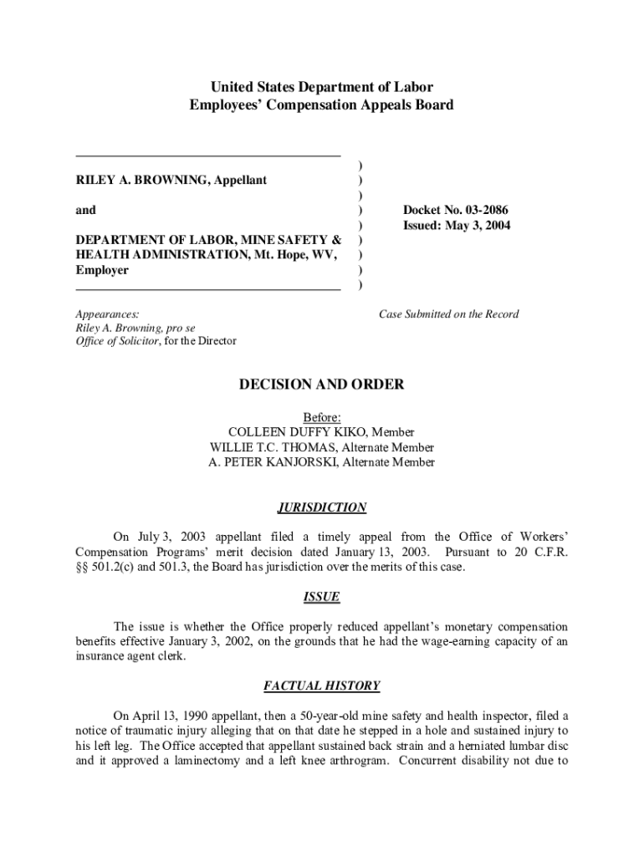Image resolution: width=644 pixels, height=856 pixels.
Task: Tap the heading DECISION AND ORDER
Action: click(322, 385)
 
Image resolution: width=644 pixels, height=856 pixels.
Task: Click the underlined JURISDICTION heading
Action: click(322, 507)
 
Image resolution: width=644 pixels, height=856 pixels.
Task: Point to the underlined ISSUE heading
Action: click(322, 597)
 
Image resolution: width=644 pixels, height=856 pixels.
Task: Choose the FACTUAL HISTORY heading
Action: click(322, 686)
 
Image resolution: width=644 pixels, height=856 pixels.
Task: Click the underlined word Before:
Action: click(322, 417)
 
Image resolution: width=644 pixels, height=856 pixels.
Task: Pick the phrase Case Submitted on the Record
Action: click(448, 314)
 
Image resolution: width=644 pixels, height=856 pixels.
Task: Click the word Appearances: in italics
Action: click(108, 314)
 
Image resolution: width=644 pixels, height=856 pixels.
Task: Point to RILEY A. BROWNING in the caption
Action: click(137, 180)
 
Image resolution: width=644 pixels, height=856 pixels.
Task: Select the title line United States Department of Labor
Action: click(322, 87)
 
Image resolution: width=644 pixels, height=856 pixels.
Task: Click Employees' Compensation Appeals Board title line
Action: click(322, 105)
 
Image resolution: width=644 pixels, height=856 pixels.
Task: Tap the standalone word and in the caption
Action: click(86, 210)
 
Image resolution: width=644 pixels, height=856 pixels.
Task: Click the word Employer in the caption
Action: click(102, 270)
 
